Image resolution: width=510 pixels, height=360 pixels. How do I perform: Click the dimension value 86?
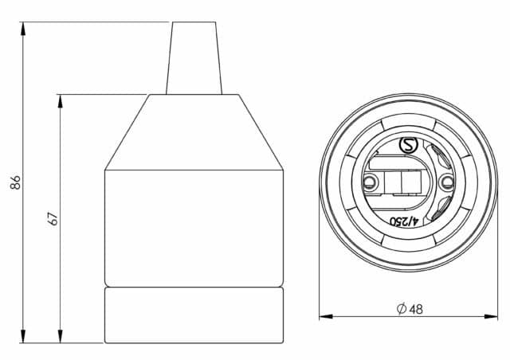point(15,182)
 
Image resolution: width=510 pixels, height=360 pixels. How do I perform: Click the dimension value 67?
point(53,219)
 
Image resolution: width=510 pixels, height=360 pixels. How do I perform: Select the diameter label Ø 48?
point(410,308)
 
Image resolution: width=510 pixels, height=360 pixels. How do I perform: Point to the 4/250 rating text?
point(404,221)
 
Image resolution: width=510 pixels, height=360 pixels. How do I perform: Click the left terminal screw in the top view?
point(369,182)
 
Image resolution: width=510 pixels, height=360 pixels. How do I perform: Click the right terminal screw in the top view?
point(447,182)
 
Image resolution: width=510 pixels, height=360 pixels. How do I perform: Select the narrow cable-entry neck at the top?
point(194,58)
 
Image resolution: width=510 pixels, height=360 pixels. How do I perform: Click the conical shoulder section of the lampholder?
point(194,132)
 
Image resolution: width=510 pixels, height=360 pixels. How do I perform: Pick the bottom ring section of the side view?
point(194,315)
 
